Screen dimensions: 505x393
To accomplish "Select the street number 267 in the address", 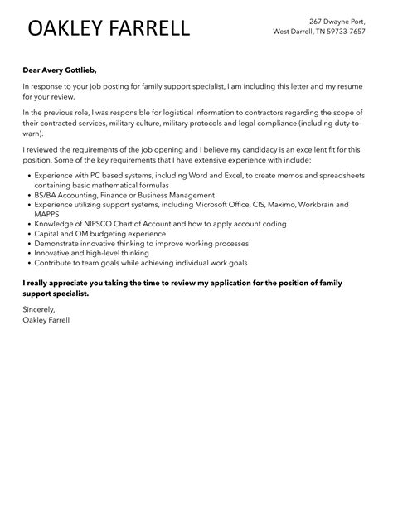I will (x=318, y=20).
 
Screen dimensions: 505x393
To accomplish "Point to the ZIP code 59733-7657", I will (x=347, y=32).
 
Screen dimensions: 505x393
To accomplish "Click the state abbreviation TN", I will (x=319, y=32).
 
